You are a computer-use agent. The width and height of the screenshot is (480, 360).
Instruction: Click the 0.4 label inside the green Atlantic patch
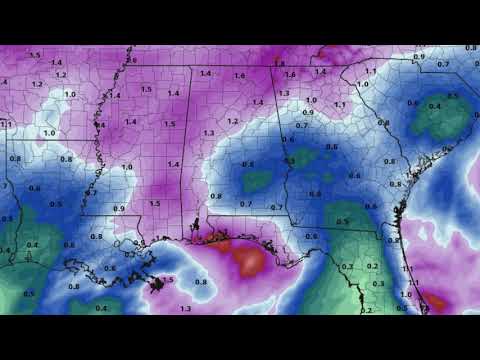coord(435,105)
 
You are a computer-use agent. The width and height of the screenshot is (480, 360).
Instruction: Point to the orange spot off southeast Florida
coord(437,299)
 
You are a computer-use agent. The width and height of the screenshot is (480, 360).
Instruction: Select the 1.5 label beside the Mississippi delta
coord(168,281)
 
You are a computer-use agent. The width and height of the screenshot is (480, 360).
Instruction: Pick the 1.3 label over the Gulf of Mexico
coord(185,309)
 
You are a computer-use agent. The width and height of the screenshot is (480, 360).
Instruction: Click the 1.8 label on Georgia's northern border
coord(279,65)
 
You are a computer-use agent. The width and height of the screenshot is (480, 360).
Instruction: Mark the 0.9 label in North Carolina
coord(417,56)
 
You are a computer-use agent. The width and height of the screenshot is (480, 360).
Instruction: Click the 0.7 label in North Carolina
coord(442,65)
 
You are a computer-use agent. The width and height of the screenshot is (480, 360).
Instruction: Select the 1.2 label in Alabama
coord(233,121)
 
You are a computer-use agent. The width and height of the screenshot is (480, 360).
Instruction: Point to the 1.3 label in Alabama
coord(208,133)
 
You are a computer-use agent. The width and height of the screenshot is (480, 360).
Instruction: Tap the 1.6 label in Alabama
coord(239,75)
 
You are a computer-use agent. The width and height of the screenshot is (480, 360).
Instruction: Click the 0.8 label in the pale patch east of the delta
coord(201,282)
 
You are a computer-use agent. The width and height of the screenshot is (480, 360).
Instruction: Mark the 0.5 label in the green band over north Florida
coord(343,220)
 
